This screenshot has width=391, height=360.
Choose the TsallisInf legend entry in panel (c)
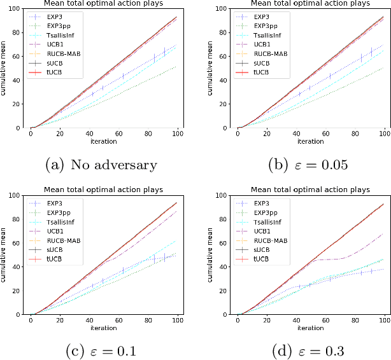(60, 218)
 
